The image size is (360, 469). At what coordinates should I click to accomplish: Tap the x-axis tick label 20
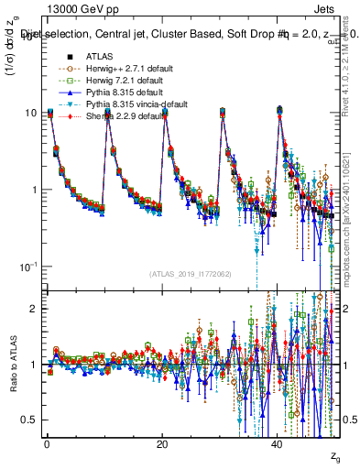click(x=162, y=443)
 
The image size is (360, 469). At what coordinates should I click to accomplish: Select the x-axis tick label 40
click(x=278, y=443)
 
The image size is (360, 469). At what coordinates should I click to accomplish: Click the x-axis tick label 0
click(x=47, y=443)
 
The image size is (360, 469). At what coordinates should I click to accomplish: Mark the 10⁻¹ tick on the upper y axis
click(x=28, y=267)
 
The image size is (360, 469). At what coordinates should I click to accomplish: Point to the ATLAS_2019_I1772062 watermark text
click(x=191, y=274)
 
